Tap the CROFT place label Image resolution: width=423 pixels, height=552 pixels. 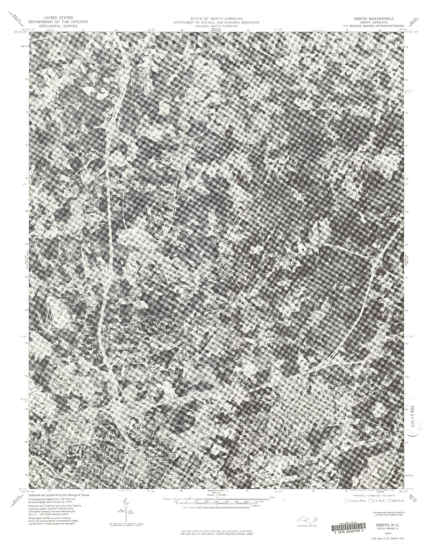pos(178,138)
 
